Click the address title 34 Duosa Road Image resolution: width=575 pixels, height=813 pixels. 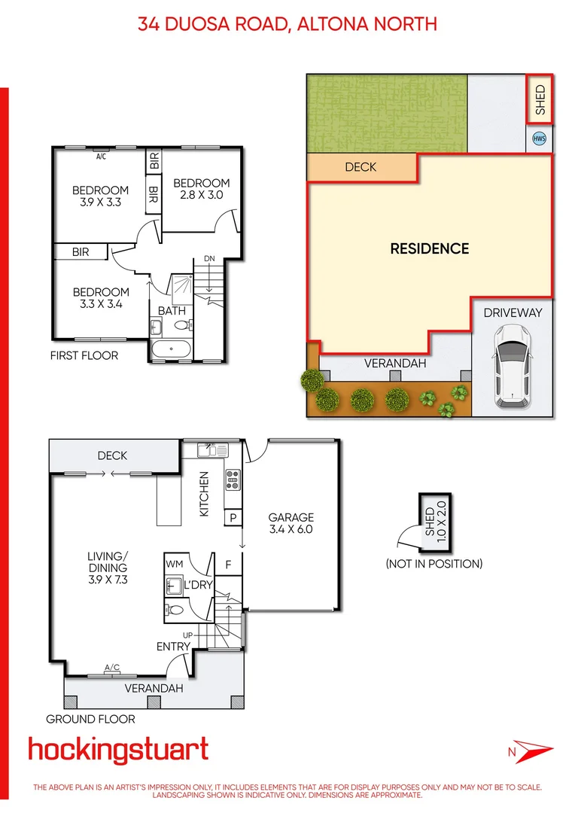click(x=287, y=24)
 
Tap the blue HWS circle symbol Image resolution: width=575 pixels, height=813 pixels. click(x=539, y=139)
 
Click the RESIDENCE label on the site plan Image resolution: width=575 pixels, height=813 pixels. click(x=429, y=249)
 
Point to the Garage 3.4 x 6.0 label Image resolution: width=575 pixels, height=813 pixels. click(x=291, y=523)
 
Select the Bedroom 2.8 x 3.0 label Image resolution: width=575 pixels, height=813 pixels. click(x=201, y=189)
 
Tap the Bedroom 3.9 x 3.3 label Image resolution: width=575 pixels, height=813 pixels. click(x=100, y=196)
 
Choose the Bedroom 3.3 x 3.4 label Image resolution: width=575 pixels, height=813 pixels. click(x=100, y=298)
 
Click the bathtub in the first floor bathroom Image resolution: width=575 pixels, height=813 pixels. click(x=171, y=349)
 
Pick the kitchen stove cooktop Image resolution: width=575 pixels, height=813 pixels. click(x=233, y=479)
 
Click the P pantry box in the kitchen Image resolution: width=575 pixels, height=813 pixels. click(x=233, y=518)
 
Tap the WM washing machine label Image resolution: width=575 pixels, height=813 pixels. click(x=174, y=564)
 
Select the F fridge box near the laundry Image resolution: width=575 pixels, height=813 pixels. click(x=229, y=563)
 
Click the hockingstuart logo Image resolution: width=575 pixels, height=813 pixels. click(x=118, y=750)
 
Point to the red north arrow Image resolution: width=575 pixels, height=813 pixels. click(x=531, y=751)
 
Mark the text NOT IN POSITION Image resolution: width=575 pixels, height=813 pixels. click(x=434, y=563)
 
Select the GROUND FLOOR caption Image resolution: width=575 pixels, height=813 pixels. click(x=90, y=719)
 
